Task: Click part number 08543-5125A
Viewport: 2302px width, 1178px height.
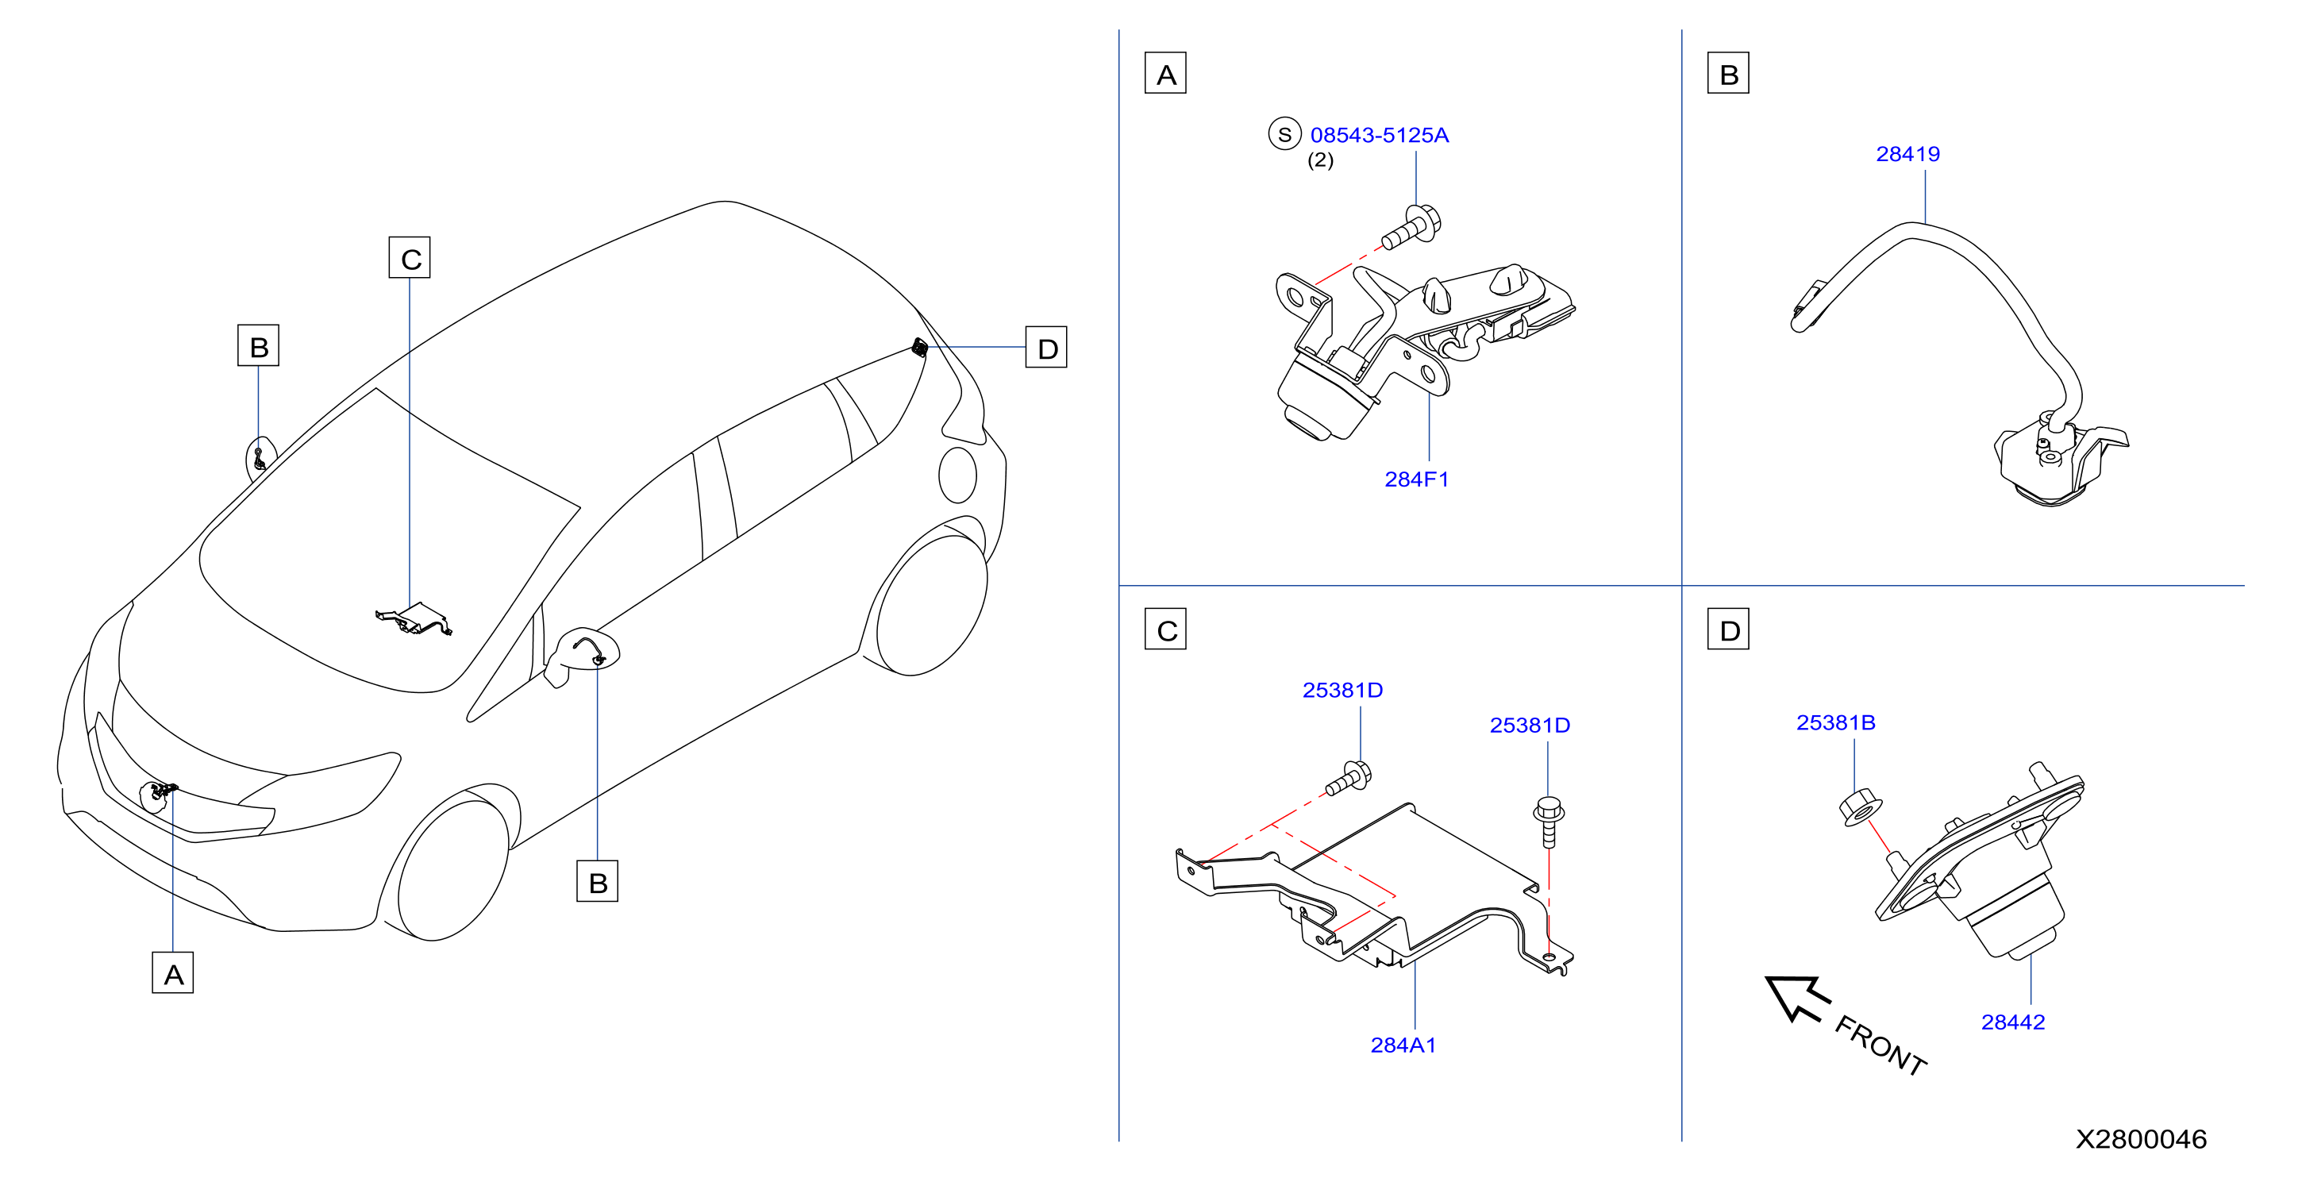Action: coord(1379,135)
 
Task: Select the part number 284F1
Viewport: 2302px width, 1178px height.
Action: coord(1416,479)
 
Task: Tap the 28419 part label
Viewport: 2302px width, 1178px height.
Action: coord(1908,154)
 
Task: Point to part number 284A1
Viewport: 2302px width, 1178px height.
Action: coord(1403,1045)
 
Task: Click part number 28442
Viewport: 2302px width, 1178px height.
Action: coord(2012,1022)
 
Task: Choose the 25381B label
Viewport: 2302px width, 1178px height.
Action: coord(1835,722)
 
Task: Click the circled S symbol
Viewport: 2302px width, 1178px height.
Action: coord(1284,134)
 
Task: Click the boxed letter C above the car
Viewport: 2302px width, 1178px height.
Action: coord(410,257)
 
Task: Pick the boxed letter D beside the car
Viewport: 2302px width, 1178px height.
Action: coord(1046,347)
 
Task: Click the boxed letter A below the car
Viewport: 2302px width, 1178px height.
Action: coord(172,972)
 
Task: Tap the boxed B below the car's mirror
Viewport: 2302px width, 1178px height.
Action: coord(597,881)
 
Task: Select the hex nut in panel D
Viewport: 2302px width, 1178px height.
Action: coord(1861,807)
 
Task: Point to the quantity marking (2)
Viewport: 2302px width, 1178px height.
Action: coord(1320,160)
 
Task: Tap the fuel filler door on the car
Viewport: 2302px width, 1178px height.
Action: coord(958,475)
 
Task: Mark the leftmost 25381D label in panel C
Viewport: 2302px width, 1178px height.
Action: coord(1342,690)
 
